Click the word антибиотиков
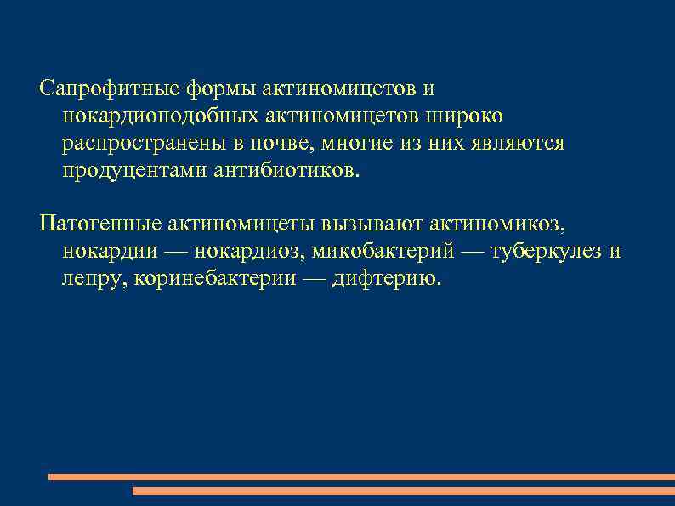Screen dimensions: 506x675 click(287, 171)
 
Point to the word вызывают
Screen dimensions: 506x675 click(372, 225)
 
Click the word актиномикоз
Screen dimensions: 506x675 click(497, 225)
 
